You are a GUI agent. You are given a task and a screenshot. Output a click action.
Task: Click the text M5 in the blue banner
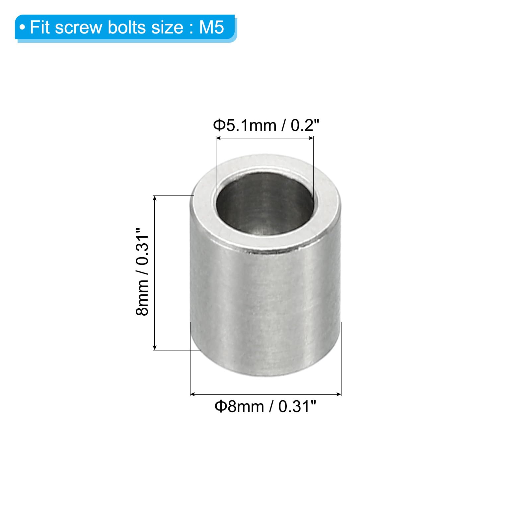211,27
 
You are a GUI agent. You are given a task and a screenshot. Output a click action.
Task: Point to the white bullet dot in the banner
22,28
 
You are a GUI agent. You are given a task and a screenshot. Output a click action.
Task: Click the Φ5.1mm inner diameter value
245,125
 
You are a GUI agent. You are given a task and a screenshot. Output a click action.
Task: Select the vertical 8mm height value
142,297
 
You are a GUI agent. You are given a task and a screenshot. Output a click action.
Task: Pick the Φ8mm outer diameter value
239,406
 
